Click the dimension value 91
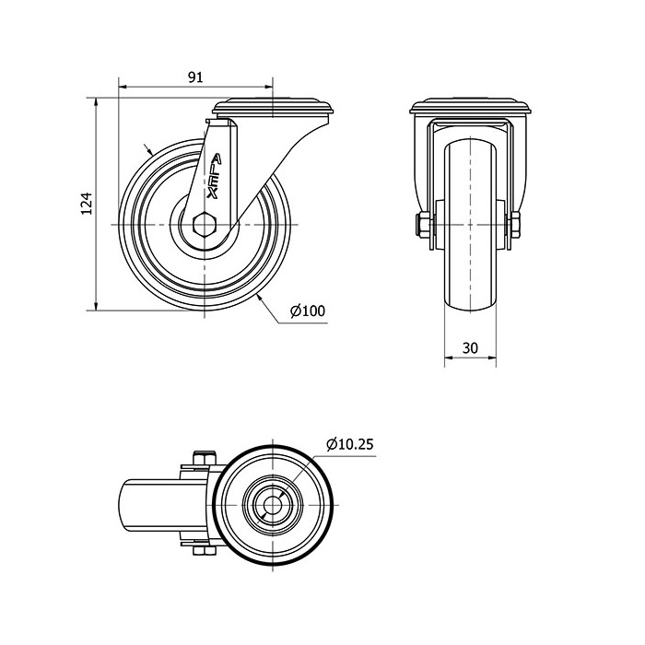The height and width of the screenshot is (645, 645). click(x=195, y=77)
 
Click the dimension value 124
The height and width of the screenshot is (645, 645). click(x=87, y=204)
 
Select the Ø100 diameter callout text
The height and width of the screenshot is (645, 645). click(x=308, y=311)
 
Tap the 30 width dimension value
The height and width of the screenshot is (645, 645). click(x=470, y=348)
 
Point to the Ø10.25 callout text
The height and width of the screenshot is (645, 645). click(x=349, y=444)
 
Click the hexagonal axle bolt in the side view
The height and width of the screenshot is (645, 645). click(x=204, y=225)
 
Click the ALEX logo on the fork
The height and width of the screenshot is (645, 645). click(x=214, y=176)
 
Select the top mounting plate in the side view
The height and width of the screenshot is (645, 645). click(x=273, y=106)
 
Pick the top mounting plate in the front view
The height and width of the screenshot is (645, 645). click(x=470, y=106)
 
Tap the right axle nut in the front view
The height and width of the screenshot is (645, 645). click(x=515, y=225)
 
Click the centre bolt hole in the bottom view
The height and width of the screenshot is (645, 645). click(x=273, y=505)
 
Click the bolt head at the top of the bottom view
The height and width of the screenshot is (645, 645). click(x=204, y=458)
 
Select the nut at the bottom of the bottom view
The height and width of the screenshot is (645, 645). click(x=204, y=551)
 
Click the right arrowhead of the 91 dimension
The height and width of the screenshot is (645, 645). click(x=269, y=87)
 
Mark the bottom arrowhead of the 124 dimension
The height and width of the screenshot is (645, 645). click(x=96, y=306)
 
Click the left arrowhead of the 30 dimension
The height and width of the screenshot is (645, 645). click(x=449, y=358)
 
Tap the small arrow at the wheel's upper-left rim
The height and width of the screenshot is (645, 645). click(x=148, y=149)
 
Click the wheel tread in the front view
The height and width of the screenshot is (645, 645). click(x=470, y=226)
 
